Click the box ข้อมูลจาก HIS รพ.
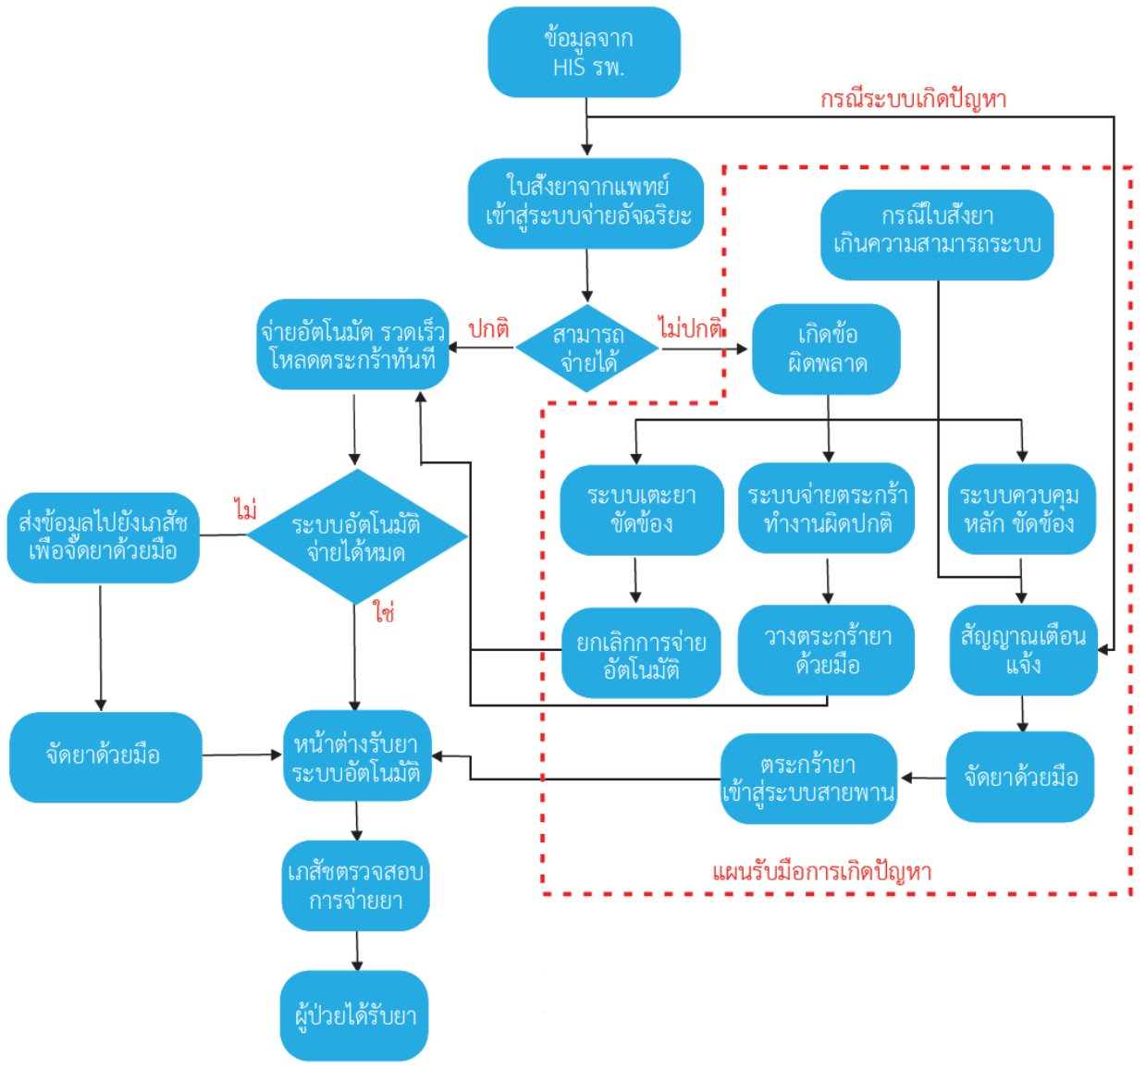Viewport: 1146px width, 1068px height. click(585, 53)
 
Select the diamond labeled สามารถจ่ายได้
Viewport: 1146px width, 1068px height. click(586, 349)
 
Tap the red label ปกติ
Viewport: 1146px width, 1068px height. click(488, 329)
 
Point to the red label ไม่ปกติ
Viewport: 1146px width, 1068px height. click(689, 328)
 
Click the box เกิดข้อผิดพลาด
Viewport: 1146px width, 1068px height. click(827, 350)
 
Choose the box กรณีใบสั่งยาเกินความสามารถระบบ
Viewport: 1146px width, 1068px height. click(936, 235)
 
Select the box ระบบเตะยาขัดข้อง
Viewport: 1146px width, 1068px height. click(641, 509)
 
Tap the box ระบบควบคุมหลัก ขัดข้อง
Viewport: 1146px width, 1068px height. click(1020, 509)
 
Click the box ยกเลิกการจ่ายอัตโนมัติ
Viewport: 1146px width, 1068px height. click(641, 654)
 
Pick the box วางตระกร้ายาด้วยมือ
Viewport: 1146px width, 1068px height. click(827, 650)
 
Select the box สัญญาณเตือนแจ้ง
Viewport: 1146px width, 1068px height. click(1023, 650)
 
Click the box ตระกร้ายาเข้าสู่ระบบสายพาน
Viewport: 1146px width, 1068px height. click(808, 779)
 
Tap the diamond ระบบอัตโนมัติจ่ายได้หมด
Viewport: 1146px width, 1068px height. click(356, 537)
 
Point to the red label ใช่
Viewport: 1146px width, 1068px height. click(384, 611)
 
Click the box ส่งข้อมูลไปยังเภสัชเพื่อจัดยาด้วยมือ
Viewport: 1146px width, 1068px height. click(103, 537)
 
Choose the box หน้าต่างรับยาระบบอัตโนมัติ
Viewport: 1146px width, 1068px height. click(356, 756)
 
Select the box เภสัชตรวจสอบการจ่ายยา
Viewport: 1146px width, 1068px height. click(355, 886)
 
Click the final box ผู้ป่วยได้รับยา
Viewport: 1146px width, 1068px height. click(355, 1015)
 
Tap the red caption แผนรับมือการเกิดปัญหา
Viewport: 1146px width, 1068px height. click(821, 871)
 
